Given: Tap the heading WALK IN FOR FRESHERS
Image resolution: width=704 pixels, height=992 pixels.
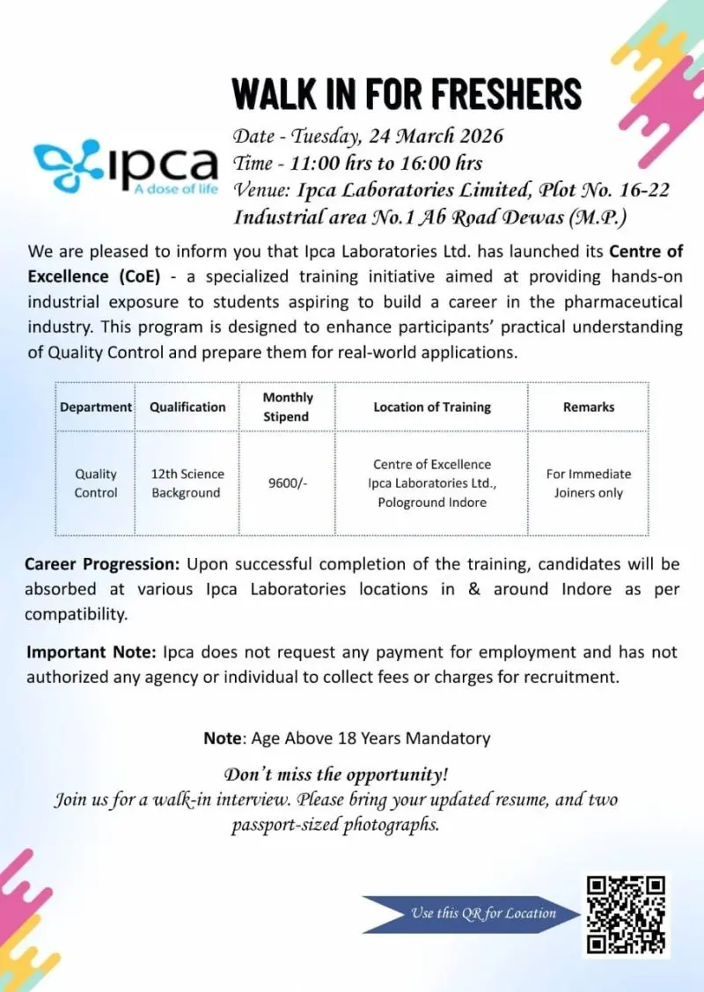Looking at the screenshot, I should click(x=407, y=93).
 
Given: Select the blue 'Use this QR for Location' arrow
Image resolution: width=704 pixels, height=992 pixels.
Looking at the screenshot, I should click(x=472, y=913).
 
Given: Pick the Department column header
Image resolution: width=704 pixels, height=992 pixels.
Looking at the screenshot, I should click(x=95, y=407).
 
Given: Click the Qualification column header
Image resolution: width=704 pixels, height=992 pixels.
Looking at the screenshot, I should click(x=187, y=407).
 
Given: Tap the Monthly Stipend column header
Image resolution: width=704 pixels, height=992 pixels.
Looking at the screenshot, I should click(x=288, y=407).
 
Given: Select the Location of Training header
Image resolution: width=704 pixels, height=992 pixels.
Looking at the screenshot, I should click(x=431, y=407).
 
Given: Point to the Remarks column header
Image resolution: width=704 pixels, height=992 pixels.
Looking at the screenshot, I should click(x=588, y=407).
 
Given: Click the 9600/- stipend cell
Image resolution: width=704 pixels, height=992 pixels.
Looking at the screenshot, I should click(x=288, y=483).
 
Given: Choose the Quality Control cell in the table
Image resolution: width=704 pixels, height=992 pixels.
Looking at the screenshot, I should click(x=95, y=483).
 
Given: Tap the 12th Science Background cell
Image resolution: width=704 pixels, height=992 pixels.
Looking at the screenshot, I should click(x=187, y=483).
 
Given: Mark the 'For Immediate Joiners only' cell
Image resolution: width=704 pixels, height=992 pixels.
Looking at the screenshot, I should click(x=588, y=483).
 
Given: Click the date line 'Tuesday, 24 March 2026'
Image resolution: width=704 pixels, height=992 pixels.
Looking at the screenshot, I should click(x=368, y=136).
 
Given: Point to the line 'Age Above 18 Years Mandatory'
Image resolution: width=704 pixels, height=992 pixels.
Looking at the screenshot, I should click(x=347, y=738).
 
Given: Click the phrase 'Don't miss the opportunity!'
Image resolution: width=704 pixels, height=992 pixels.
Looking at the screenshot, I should click(x=336, y=775).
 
